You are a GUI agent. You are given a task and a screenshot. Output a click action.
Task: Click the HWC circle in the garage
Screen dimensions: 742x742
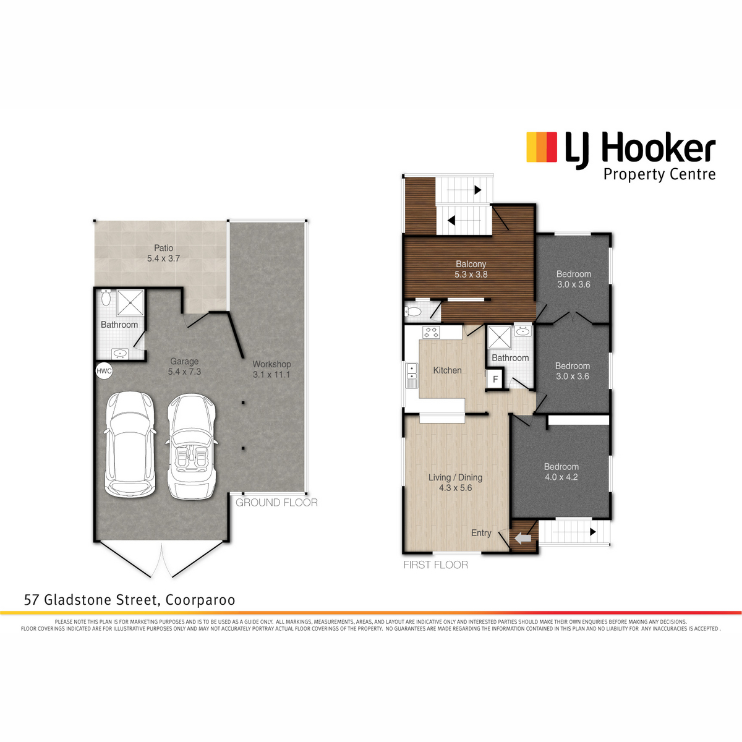click(x=104, y=371)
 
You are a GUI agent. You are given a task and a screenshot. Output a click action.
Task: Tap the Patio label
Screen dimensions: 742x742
click(x=164, y=248)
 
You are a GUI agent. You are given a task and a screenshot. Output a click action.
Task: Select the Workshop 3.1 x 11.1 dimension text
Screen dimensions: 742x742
click(x=271, y=374)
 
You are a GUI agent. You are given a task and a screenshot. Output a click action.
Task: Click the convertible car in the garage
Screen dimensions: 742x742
click(x=191, y=446)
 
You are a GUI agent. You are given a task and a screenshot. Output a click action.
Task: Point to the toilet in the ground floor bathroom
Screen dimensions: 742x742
click(x=106, y=297)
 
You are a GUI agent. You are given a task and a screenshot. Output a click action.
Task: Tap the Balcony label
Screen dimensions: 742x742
click(x=471, y=264)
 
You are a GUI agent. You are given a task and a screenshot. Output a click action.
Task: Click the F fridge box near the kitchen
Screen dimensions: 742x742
click(x=495, y=379)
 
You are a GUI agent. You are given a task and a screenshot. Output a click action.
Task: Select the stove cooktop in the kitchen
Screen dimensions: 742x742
click(x=431, y=332)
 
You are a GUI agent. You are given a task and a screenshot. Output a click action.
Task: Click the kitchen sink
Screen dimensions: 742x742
click(x=412, y=375)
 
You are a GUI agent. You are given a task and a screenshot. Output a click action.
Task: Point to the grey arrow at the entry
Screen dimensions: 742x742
click(x=523, y=538)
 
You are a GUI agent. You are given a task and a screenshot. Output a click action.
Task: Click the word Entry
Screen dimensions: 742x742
click(x=481, y=533)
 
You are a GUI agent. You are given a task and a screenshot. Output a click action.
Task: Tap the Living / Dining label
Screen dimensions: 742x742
click(x=455, y=477)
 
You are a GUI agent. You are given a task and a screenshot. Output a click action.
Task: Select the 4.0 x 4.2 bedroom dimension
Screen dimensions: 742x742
click(x=561, y=477)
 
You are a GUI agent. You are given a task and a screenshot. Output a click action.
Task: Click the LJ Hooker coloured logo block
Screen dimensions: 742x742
click(x=542, y=147)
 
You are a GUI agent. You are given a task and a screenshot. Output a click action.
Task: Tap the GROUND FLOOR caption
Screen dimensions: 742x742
click(x=276, y=503)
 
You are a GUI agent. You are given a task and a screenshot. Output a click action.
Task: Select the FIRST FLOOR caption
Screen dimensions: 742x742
click(x=435, y=565)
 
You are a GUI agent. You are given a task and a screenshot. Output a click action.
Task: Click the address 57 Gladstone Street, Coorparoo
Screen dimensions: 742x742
click(x=129, y=600)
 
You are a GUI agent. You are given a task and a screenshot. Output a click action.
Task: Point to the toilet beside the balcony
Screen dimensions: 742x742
click(x=413, y=312)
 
